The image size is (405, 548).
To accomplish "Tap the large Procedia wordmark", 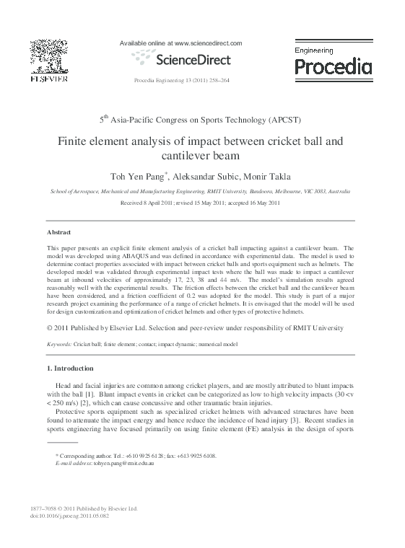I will tap(333, 67).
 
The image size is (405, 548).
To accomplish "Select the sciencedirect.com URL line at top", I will tap(180, 43).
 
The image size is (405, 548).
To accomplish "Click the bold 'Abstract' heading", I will tap(58, 232).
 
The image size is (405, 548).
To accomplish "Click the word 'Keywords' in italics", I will tap(58, 345).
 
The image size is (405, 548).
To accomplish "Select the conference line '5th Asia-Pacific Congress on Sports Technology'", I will tap(200, 119).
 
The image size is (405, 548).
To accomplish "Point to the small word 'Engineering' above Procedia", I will tap(314, 50).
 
